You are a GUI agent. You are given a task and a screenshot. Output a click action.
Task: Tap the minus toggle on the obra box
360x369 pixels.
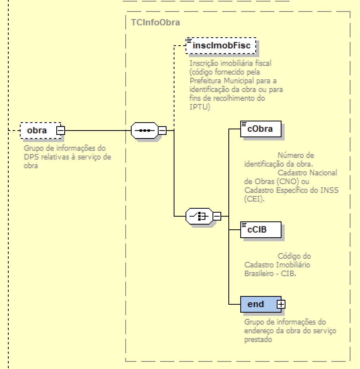(x=60, y=130)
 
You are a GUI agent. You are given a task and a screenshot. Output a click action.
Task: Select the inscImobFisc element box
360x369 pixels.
(x=221, y=46)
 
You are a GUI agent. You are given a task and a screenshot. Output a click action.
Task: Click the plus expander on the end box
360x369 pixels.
(x=281, y=304)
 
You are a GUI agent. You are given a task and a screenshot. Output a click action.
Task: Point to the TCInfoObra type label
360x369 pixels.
(x=155, y=22)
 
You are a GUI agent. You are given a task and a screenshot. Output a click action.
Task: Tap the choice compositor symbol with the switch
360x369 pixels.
(x=199, y=216)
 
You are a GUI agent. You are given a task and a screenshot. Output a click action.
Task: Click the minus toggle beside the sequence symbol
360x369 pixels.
(x=162, y=130)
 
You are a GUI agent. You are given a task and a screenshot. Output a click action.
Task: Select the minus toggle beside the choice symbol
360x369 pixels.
(x=217, y=216)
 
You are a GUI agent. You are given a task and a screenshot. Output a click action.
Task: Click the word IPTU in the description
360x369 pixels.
(x=197, y=107)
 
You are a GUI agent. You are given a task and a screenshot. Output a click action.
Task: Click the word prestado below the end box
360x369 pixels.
(x=258, y=339)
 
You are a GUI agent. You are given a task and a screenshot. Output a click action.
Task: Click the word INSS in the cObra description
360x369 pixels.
(x=331, y=190)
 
